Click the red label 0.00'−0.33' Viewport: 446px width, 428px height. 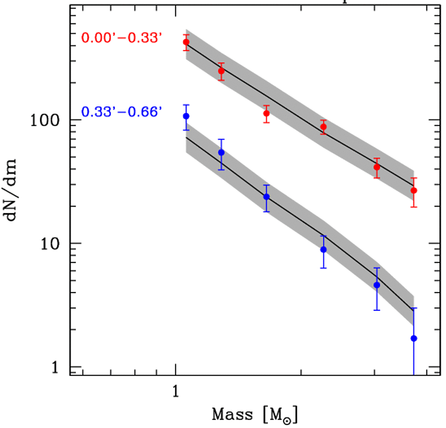pos(122,37)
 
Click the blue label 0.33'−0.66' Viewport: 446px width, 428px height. pos(122,111)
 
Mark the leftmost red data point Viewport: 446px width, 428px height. pos(186,42)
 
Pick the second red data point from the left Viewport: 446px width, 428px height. pos(221,71)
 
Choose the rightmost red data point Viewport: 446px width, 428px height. pos(414,190)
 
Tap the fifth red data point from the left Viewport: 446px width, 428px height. pos(377,167)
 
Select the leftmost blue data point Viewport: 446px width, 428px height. pos(186,116)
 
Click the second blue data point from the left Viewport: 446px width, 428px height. pos(221,152)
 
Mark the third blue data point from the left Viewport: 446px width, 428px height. pos(266,197)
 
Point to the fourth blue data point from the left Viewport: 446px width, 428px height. pos(323,250)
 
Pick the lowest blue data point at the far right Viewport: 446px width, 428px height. pos(414,338)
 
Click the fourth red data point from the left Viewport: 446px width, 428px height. pos(323,127)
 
